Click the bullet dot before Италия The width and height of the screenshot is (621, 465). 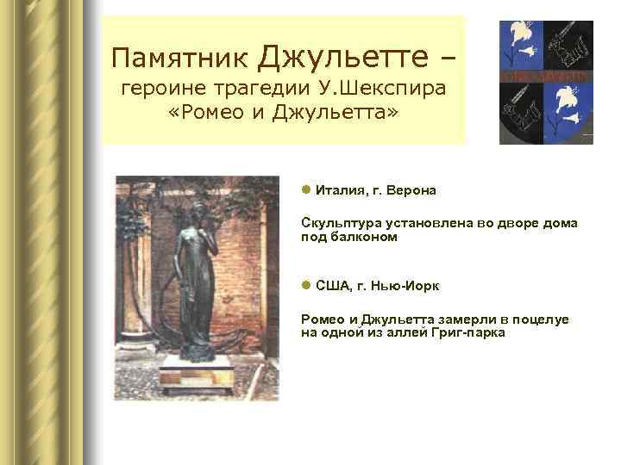(306, 189)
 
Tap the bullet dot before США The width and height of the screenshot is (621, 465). (306, 283)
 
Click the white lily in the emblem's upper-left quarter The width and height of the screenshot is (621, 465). (524, 43)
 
